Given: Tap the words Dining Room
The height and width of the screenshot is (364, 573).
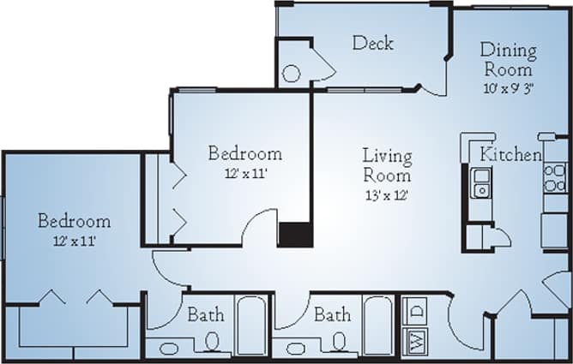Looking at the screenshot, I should [x=508, y=59].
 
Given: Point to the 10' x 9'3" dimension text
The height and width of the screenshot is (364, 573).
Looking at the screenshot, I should [x=508, y=87].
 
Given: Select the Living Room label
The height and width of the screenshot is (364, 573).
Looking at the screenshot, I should [x=386, y=165].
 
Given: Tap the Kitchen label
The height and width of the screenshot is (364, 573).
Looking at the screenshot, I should [x=510, y=155].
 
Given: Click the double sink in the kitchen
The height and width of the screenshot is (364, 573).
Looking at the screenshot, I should [x=480, y=182].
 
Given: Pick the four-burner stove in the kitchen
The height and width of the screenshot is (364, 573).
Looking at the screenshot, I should [x=555, y=177].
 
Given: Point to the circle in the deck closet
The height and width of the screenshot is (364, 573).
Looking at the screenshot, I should [x=292, y=74].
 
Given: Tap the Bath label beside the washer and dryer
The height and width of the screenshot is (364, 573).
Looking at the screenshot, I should [x=331, y=315].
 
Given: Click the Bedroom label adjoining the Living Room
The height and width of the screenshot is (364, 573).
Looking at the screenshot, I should [x=245, y=154].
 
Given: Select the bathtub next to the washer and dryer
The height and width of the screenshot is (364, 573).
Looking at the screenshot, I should [x=377, y=325].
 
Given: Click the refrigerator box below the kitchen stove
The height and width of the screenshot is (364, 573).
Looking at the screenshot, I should [x=555, y=230].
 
